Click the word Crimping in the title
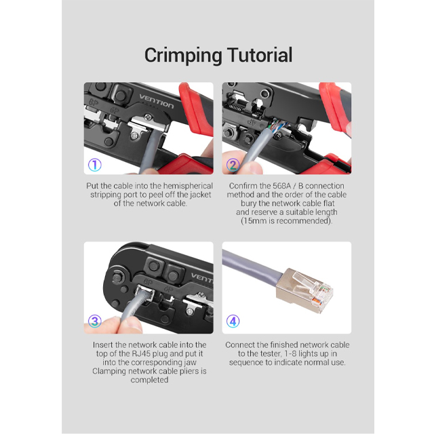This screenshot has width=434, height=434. tap(183, 56)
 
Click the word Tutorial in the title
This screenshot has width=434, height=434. tap(260, 55)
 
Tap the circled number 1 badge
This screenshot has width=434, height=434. tap(95, 165)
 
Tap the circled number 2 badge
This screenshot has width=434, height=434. tap(233, 165)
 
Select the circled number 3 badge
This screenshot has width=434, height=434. tap(95, 321)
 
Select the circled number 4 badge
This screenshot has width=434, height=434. tap(233, 321)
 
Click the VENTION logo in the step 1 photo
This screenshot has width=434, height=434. tap(157, 102)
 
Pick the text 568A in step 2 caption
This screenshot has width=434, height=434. tap(282, 186)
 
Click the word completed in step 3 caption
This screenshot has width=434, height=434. tap(149, 380)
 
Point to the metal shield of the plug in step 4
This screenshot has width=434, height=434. tap(290, 291)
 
